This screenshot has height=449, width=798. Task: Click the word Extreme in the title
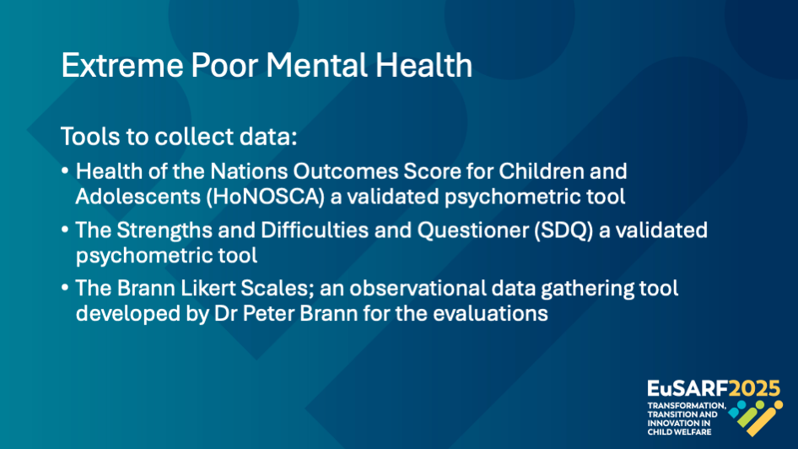point(121,65)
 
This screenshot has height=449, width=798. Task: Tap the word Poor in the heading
point(224,65)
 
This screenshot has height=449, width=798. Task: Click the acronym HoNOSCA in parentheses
point(265,197)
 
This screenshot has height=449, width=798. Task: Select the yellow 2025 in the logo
point(754,389)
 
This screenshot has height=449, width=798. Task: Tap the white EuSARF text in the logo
point(687,389)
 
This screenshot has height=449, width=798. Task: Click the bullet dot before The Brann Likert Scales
point(65,288)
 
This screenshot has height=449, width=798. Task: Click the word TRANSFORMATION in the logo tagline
point(687,406)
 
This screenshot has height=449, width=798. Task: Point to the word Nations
point(248,171)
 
